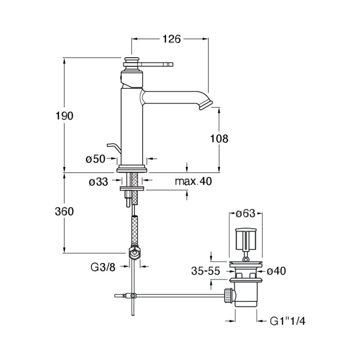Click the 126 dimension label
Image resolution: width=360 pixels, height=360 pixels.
click(172, 39)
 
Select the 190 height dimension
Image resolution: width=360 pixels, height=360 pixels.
click(64, 116)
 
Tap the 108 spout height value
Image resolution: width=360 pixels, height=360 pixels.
click(219, 139)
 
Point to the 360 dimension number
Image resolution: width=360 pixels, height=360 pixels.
click(64, 211)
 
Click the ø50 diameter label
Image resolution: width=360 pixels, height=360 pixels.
click(95, 159)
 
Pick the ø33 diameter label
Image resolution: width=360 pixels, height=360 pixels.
click(99, 182)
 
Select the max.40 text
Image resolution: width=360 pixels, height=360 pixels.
click(193, 181)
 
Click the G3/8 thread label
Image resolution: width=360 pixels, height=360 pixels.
click(103, 267)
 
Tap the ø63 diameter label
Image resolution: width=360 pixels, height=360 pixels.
click(246, 213)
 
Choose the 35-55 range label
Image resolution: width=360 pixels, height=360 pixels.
click(206, 271)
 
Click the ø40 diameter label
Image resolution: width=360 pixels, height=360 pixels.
click(276, 271)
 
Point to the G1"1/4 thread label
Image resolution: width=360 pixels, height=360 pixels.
click(288, 321)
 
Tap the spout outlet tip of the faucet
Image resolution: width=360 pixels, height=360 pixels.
click(206, 105)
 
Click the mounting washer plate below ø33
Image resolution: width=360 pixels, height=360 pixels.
click(132, 189)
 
